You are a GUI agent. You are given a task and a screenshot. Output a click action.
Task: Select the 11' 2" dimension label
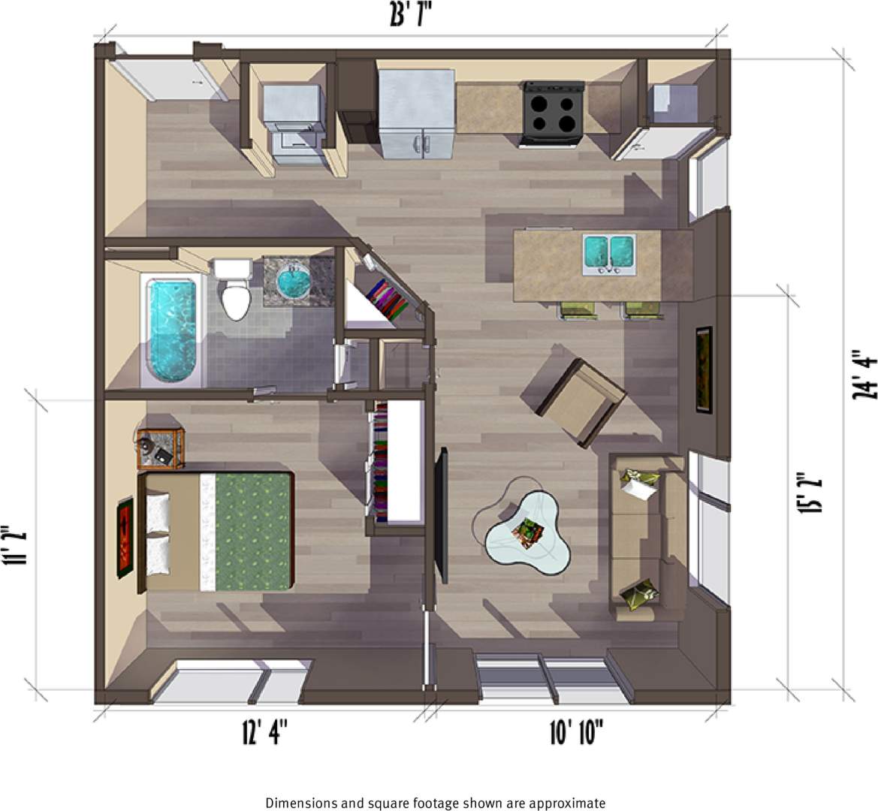point(17,546)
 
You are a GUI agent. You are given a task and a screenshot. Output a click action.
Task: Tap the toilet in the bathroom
point(234,293)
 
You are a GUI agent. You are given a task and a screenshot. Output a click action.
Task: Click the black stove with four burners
point(553,113)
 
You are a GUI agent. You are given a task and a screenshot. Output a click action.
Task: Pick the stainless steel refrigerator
point(417,113)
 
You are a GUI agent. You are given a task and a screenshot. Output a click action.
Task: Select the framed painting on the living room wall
point(703,369)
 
